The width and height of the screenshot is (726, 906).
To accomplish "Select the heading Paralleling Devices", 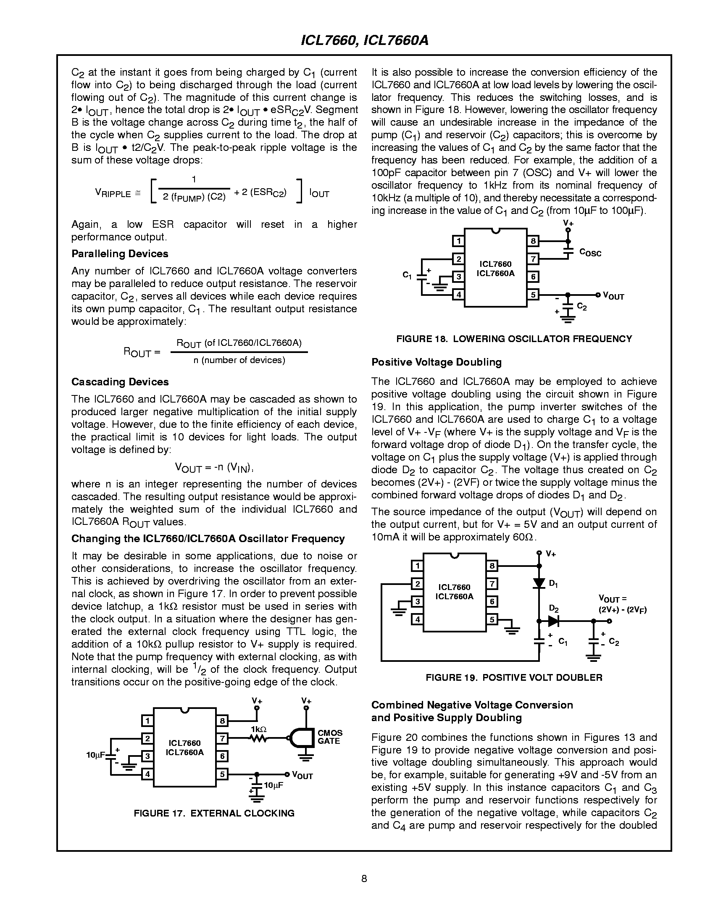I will tap(120, 254).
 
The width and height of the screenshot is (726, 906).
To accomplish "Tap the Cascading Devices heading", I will tap(120, 382).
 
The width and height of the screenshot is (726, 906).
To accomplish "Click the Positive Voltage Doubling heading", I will tap(436, 362).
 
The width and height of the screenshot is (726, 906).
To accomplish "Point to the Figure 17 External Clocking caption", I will tap(214, 813).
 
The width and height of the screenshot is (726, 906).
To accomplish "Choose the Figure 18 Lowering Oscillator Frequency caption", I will tap(514, 339).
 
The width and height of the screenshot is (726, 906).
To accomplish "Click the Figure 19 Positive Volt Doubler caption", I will tap(514, 677).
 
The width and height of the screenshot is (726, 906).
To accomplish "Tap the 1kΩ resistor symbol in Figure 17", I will tap(258, 738).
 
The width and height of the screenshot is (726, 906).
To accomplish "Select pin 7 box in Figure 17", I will tap(222, 738).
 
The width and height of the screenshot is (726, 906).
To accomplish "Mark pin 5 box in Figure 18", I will tap(533, 295).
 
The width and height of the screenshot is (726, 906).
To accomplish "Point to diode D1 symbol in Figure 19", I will tap(539, 583).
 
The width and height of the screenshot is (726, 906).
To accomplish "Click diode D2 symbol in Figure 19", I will tap(552, 620).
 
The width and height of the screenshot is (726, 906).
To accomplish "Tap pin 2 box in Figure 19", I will tap(417, 584).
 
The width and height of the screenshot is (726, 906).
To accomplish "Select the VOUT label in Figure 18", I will tap(613, 296).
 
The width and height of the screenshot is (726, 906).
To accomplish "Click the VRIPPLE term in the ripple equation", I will tap(113, 194).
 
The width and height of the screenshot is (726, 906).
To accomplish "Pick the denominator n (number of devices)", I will tap(239, 360).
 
